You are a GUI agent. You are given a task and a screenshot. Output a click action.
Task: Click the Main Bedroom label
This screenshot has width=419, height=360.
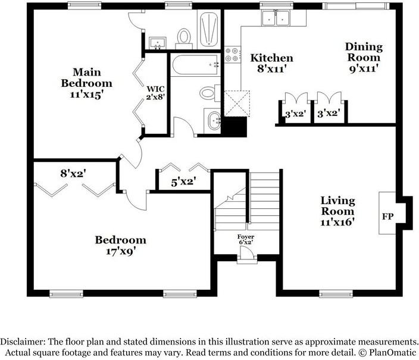click(x=86, y=83)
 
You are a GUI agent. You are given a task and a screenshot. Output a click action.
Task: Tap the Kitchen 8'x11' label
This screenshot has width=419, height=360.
click(x=271, y=63)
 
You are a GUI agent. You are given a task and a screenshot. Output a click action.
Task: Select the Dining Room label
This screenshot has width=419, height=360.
click(x=364, y=58)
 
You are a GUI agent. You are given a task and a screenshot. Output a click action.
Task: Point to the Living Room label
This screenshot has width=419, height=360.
click(x=337, y=211)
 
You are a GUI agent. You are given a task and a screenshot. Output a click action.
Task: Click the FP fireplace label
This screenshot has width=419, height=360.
click(x=387, y=215)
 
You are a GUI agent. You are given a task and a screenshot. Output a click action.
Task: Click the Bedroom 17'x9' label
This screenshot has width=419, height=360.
click(x=120, y=245)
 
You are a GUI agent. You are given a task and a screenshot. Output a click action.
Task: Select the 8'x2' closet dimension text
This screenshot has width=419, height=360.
click(x=73, y=174)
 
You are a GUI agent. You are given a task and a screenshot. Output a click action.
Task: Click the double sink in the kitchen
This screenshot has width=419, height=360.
click(x=276, y=19)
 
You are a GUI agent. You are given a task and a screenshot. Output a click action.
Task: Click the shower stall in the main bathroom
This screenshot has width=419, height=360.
click(x=209, y=27)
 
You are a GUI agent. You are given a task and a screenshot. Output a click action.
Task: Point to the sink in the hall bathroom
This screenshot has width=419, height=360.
click(x=211, y=120)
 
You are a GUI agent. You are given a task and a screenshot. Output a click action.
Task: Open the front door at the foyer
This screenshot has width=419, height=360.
click(x=245, y=258)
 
